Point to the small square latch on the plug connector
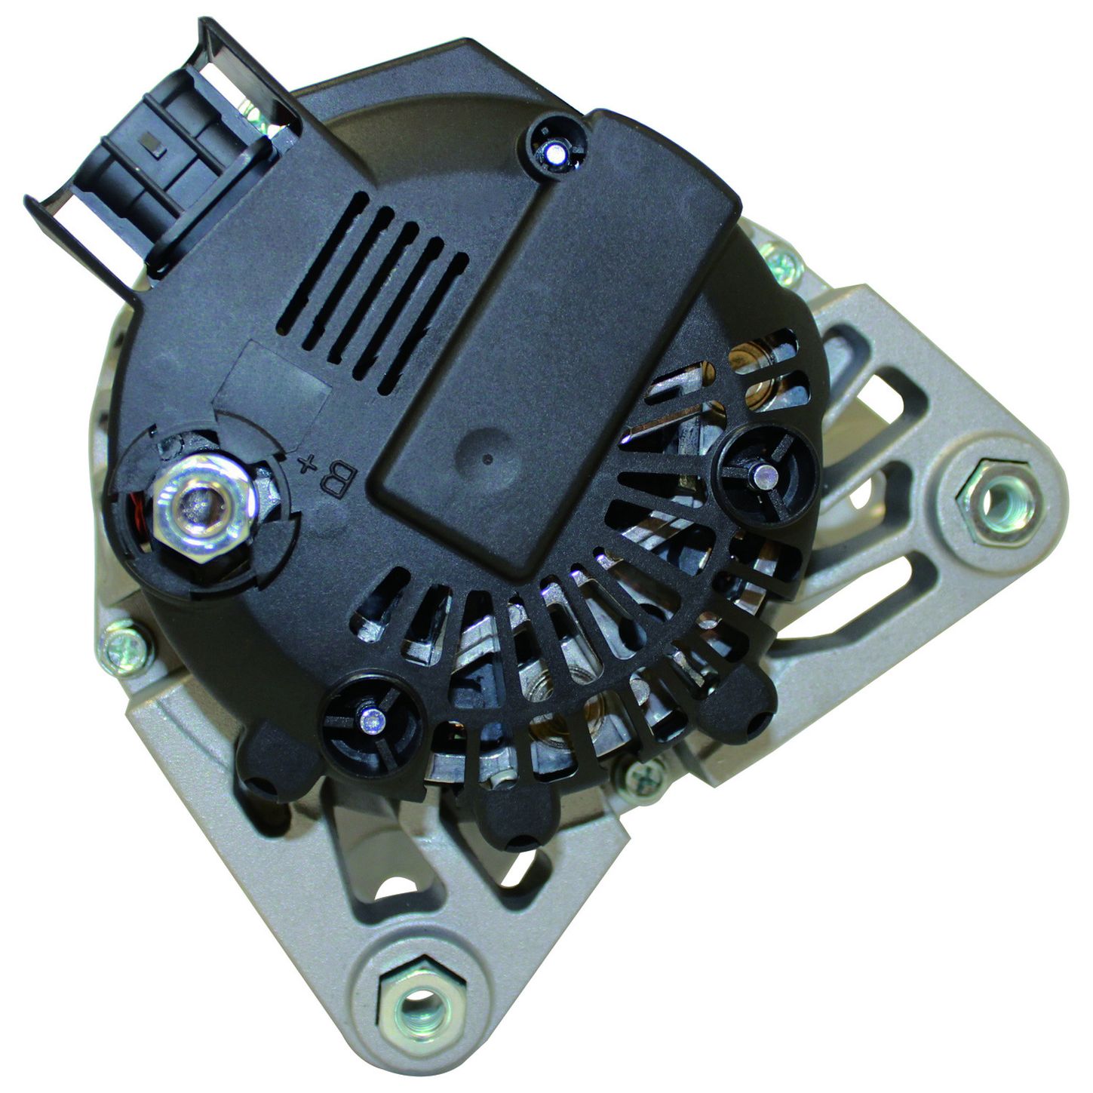155,146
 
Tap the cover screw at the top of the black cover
554,152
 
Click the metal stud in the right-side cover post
766,471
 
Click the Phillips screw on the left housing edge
126,650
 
